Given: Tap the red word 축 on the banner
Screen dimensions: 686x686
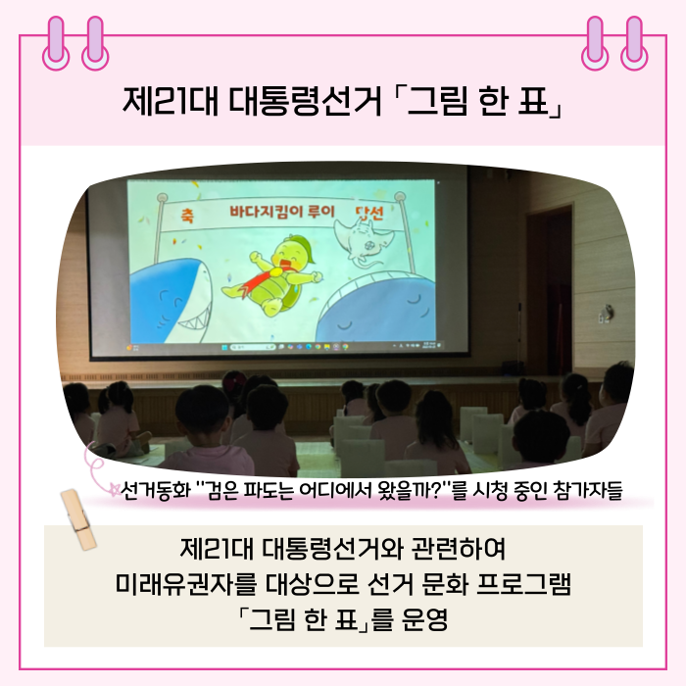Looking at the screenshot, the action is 187,216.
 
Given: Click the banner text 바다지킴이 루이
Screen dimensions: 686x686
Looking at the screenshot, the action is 282,213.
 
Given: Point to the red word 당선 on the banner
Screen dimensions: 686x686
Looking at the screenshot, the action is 370,214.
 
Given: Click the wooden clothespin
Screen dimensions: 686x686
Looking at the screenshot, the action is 78,519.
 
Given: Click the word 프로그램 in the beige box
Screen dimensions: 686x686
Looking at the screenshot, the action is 523,583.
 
